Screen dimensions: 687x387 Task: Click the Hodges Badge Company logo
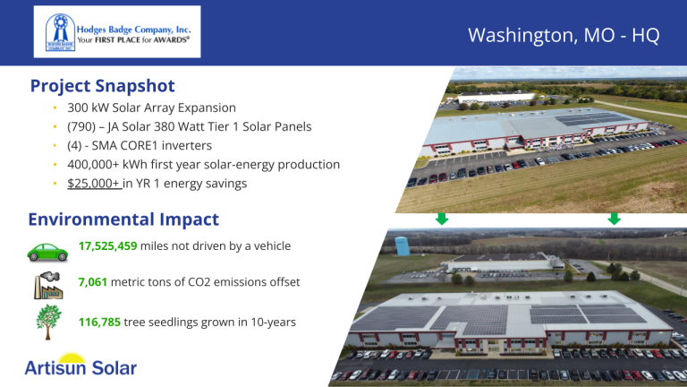tap(117, 31)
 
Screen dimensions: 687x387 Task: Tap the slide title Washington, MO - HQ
tap(564, 35)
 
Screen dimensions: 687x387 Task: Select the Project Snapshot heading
tap(103, 86)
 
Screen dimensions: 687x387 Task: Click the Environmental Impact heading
tap(123, 219)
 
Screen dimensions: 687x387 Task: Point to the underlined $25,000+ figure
tap(94, 184)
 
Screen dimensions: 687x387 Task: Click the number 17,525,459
tap(107, 245)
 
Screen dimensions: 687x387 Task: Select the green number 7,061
tap(92, 281)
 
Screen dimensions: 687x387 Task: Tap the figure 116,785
tap(99, 322)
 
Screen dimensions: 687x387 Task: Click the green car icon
tap(47, 253)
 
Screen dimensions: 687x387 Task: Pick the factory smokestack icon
tap(48, 285)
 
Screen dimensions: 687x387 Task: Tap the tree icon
tap(48, 322)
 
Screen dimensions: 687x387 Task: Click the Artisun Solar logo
tap(81, 365)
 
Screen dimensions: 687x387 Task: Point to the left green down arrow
tap(442, 219)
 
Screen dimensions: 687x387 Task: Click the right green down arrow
tap(614, 219)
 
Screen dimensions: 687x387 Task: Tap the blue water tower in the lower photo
tap(402, 245)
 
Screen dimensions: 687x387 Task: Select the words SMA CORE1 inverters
tap(151, 146)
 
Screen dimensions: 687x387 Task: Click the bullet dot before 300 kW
tap(55, 107)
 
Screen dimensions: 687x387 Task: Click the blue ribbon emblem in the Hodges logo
tap(61, 32)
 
